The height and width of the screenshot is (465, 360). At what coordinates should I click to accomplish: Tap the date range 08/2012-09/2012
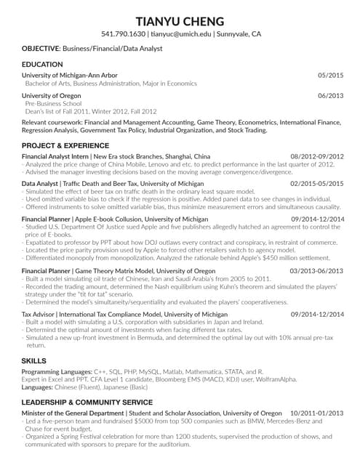317,156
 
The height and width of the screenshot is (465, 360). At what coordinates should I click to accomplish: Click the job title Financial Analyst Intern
55,156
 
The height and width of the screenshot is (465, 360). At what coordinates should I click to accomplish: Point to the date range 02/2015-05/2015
317,185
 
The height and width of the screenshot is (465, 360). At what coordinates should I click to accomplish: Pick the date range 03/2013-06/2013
317,270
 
